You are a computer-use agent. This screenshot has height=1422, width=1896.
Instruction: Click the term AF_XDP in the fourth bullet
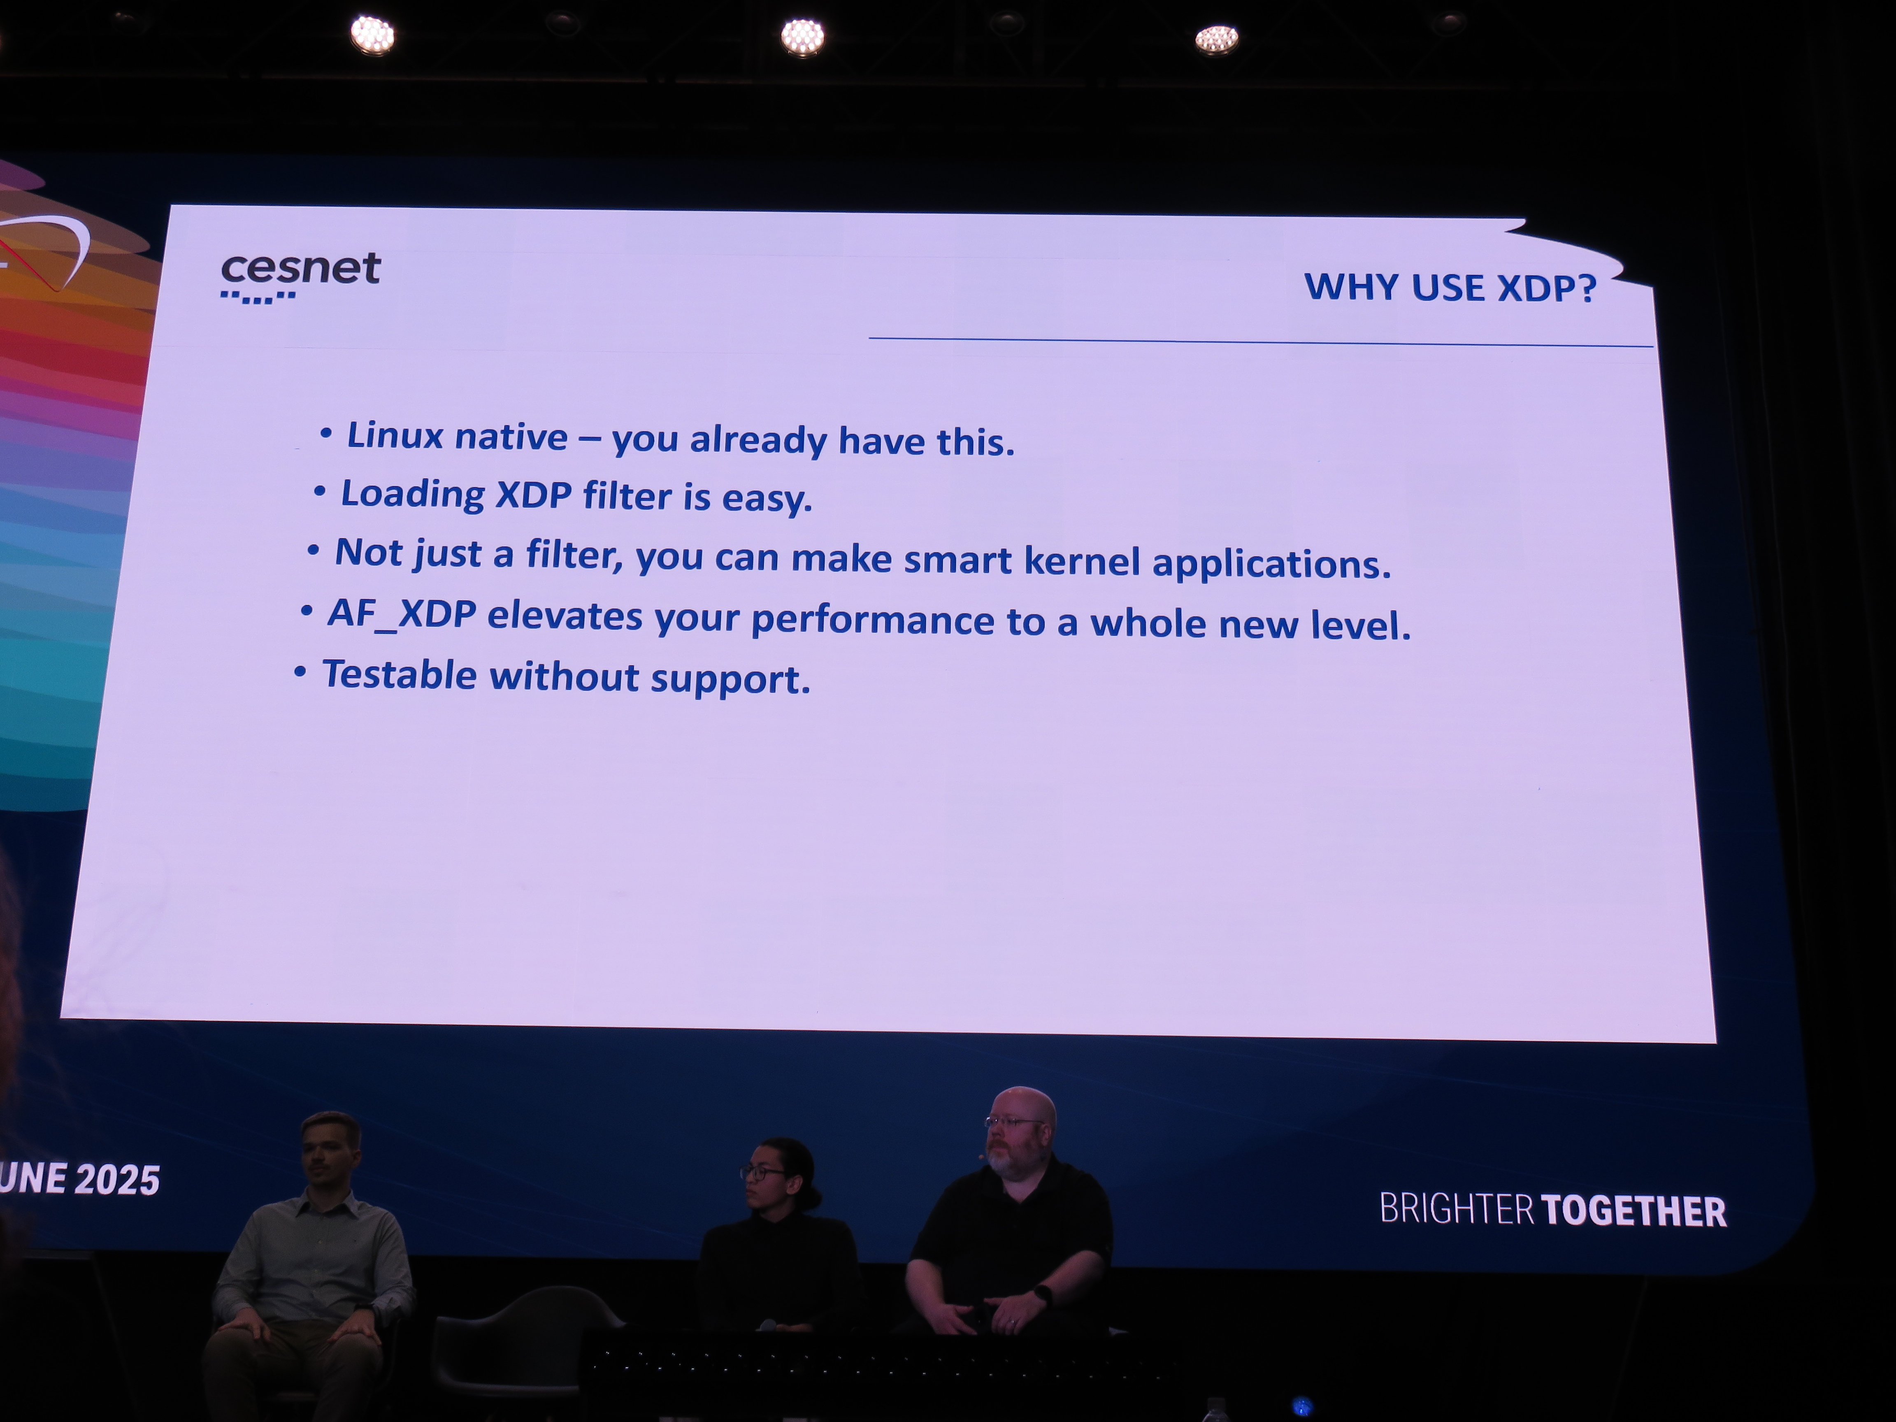click(402, 614)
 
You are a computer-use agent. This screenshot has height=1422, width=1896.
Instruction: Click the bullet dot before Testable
click(300, 672)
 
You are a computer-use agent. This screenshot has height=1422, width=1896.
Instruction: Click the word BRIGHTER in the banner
click(1456, 1208)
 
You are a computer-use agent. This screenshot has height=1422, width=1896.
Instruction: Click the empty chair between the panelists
click(527, 1341)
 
